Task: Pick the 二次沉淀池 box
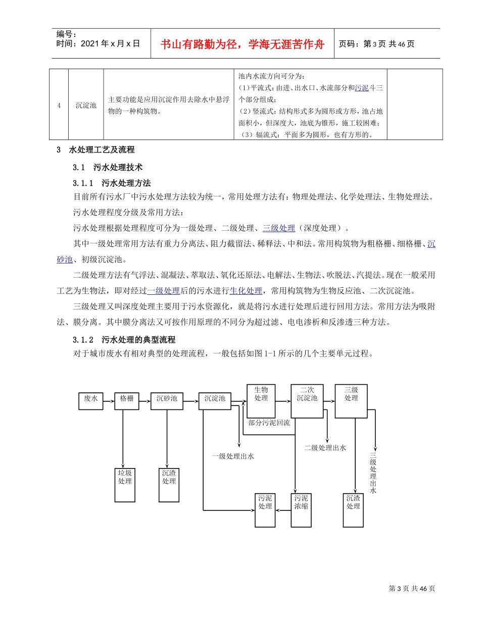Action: point(307,400)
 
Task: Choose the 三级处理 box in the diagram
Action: point(351,400)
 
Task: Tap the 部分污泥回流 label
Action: point(269,423)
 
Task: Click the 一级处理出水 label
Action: point(232,456)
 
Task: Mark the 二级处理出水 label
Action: point(325,448)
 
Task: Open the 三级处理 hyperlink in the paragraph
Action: point(278,228)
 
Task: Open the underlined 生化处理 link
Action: point(246,291)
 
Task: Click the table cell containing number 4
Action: point(59,106)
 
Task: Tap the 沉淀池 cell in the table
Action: point(86,106)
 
